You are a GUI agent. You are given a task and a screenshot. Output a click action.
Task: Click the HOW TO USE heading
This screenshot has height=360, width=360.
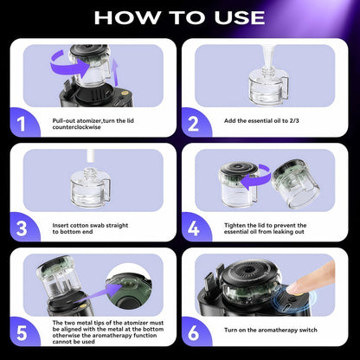point(180,16)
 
